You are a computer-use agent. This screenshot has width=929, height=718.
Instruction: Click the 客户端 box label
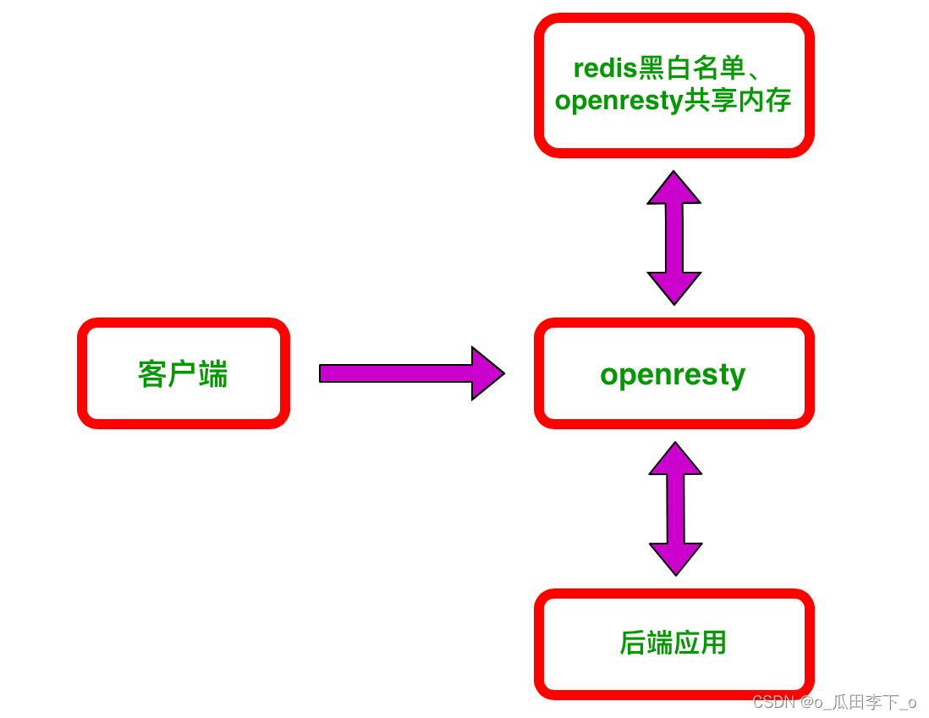tap(183, 373)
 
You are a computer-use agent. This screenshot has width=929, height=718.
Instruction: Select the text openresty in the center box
tap(673, 373)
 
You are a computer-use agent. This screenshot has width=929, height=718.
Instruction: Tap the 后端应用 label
tap(673, 643)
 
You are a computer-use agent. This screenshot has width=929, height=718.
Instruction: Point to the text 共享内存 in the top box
tap(737, 101)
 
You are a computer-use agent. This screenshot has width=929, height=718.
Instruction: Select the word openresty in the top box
tap(618, 101)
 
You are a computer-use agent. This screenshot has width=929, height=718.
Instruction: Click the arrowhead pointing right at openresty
tap(486, 373)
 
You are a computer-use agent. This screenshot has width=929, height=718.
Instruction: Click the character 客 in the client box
tap(151, 373)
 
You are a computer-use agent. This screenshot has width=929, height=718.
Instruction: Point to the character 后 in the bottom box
tap(633, 643)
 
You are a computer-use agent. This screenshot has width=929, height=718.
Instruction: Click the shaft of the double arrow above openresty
tap(673, 238)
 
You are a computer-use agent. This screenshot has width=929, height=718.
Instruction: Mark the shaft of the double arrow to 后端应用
tap(675, 509)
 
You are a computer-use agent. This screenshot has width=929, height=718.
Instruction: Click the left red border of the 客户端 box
tap(82, 373)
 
